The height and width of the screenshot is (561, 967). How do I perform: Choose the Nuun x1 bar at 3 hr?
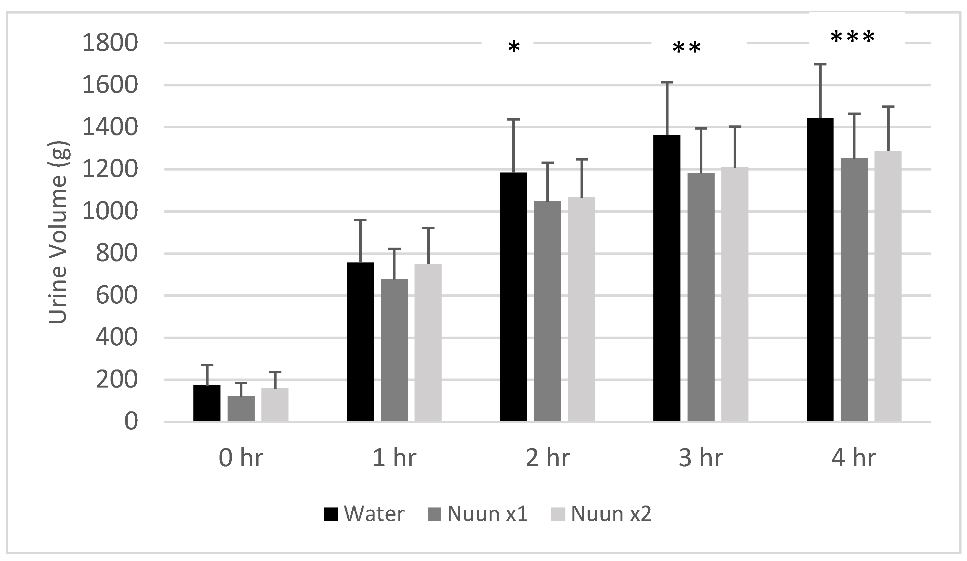pos(701,297)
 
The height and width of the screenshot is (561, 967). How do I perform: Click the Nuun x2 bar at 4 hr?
pos(888,286)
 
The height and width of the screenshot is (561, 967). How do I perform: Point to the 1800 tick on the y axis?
pos(110,43)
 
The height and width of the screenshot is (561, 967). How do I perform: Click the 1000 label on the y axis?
pos(110,212)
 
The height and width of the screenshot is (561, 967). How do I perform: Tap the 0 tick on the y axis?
pos(131,422)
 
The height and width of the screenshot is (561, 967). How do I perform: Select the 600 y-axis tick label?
pos(116,296)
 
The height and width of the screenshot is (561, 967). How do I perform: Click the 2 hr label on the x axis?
pos(548,458)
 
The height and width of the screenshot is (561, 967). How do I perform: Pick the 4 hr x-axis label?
pos(854,458)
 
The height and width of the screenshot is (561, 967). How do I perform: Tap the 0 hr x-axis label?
pos(241,458)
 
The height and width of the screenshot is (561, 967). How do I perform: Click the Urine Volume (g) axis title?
pos(58,233)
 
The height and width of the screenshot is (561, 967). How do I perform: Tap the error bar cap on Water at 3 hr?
pos(667,83)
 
